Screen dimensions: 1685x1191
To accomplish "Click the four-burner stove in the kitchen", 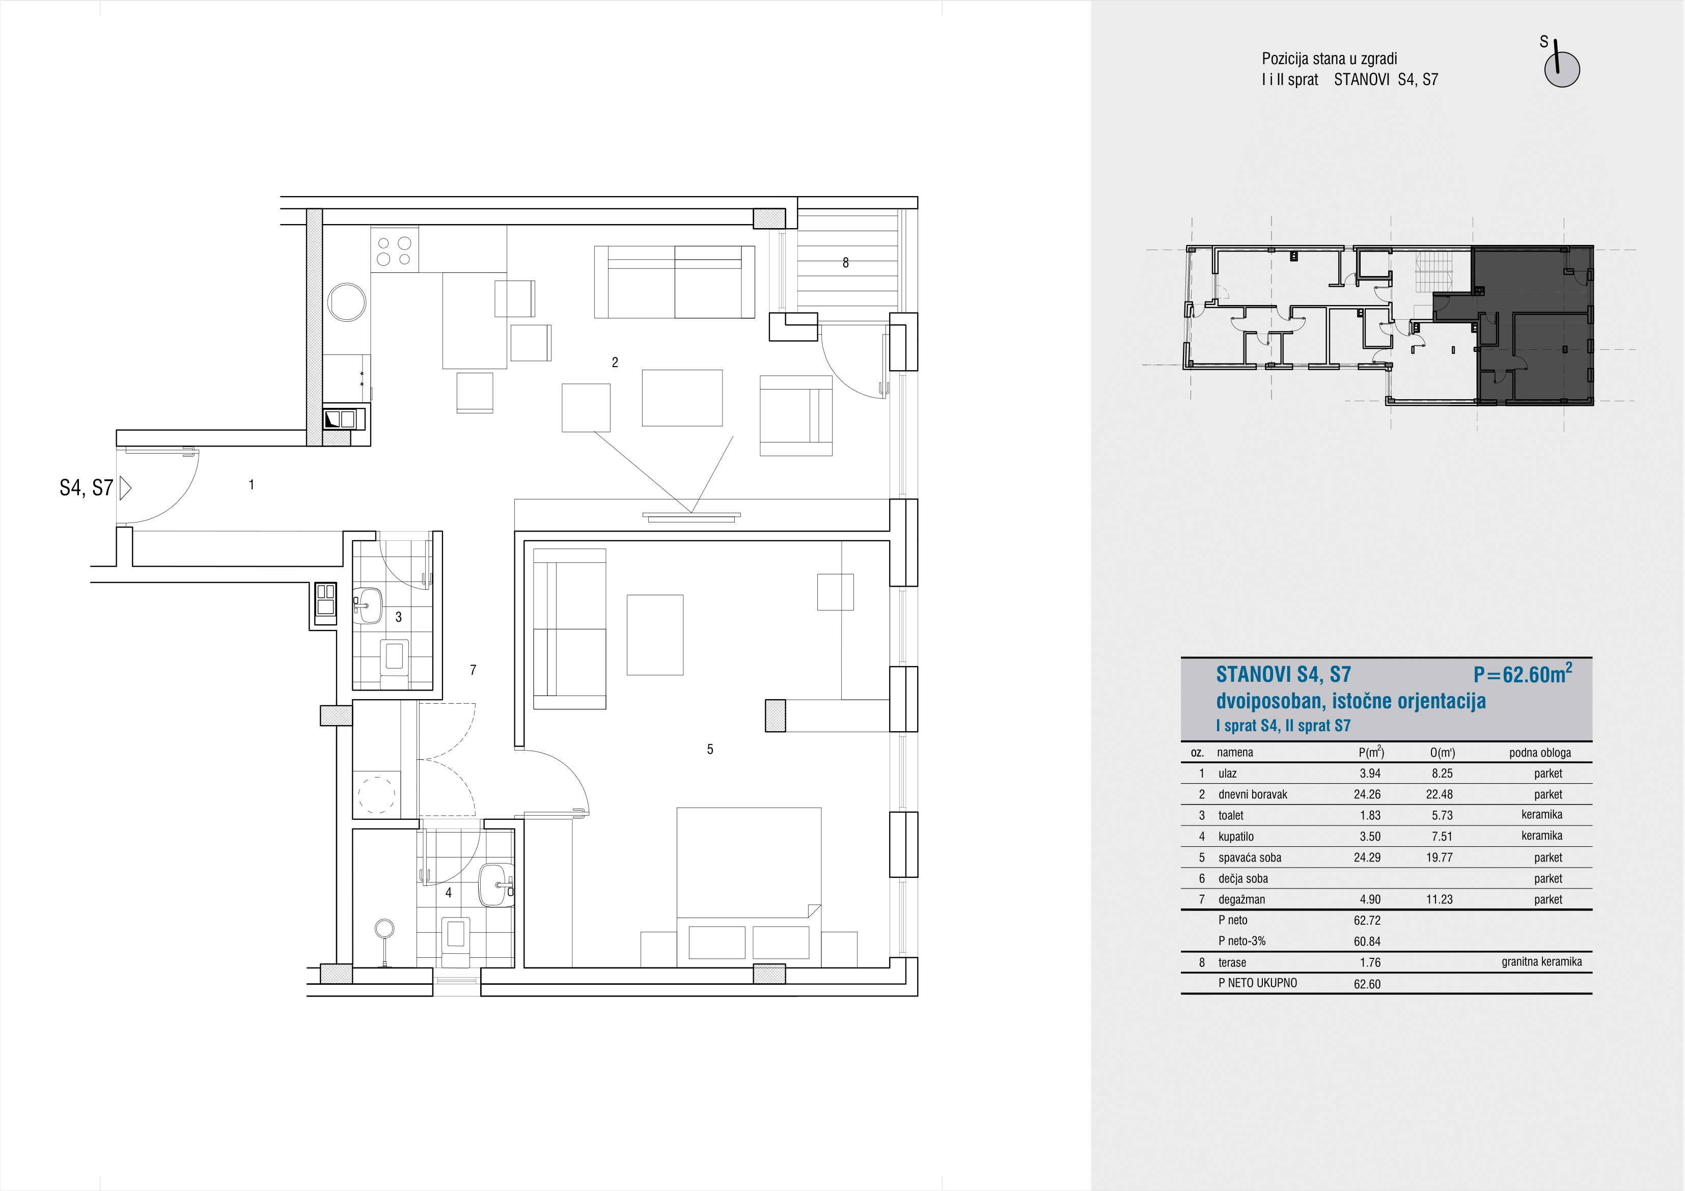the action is point(395,250).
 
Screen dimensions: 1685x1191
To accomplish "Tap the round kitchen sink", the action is point(346,301).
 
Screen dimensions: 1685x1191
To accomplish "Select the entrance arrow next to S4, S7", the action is point(125,488).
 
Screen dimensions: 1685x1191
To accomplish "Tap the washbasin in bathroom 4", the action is point(496,885).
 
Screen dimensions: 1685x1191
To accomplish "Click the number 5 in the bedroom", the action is point(710,749).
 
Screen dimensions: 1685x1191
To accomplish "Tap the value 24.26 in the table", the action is point(1367,794).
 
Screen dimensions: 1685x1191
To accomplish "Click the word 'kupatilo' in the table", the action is point(1236,836).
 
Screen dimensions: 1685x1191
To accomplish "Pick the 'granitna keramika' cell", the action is point(1541,961).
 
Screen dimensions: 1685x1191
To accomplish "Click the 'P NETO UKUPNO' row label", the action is point(1257,983).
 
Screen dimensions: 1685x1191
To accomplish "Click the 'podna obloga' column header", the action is point(1540,752).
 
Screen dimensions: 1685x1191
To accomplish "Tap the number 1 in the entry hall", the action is point(252,484).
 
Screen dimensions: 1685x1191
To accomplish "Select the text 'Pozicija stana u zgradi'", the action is point(1329,59).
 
